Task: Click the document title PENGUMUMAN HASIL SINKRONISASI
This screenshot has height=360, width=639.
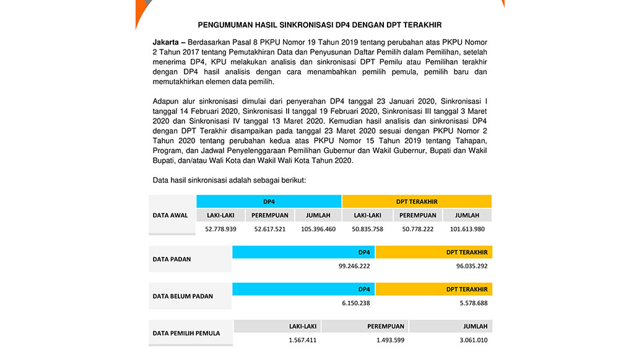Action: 319,25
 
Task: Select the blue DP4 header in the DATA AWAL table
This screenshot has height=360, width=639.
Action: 269,201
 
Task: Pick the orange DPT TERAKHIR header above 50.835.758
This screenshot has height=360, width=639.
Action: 417,201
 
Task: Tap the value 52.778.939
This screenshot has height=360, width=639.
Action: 220,229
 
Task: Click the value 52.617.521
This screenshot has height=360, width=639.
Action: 269,229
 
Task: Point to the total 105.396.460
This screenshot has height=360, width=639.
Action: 318,229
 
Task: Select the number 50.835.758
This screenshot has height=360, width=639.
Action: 367,229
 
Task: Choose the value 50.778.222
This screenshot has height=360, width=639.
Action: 417,229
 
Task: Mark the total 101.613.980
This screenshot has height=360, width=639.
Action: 467,229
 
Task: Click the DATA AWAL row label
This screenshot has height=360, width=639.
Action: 170,215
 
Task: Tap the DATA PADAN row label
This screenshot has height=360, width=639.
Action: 172,259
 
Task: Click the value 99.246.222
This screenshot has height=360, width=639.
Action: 354,266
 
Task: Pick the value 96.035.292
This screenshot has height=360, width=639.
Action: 471,266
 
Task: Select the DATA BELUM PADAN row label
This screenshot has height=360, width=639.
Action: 183,296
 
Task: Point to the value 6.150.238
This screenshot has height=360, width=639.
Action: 356,303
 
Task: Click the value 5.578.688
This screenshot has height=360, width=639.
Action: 472,303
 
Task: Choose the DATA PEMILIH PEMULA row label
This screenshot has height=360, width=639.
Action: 186,333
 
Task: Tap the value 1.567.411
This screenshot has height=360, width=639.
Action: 302,340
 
